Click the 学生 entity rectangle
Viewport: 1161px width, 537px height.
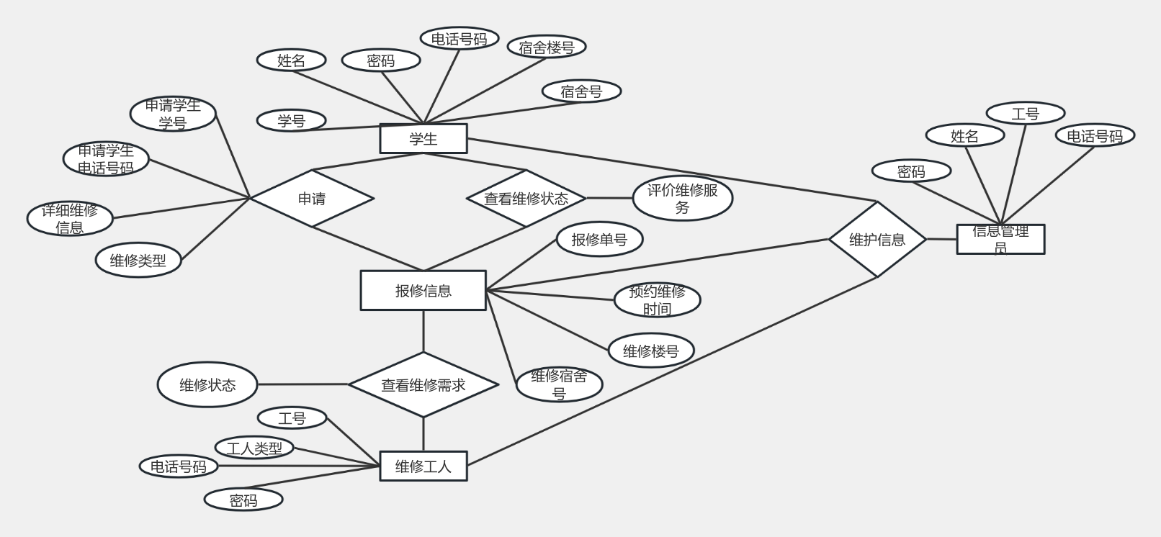423,139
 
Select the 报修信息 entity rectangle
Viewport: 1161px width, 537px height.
423,291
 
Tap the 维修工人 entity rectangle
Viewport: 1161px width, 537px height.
423,466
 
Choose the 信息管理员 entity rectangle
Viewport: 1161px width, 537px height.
1000,240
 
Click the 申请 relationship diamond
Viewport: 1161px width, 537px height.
312,199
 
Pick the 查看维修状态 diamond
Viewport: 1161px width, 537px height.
526,199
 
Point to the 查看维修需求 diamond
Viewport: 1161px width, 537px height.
423,385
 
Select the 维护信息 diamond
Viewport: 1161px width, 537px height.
877,240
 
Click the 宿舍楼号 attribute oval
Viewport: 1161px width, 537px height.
547,48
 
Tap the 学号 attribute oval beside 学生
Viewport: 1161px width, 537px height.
292,121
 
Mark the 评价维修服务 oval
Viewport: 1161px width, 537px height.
682,199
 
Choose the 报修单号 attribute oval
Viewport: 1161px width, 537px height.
599,240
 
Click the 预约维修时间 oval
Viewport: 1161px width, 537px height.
657,300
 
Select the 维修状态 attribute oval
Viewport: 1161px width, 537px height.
207,385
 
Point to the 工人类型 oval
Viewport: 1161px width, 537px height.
254,448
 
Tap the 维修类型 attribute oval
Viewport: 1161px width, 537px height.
138,261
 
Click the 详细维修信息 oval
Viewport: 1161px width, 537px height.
70,219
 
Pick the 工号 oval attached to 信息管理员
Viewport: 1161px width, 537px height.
1025,114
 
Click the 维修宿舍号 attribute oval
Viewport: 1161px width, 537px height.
559,384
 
